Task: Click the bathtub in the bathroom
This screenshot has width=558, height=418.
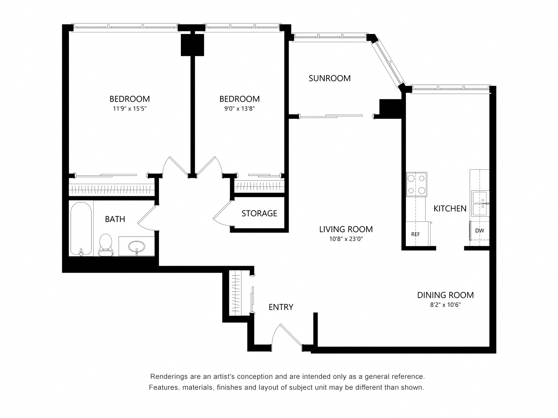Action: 81,229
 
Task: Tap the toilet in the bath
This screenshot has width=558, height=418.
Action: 105,245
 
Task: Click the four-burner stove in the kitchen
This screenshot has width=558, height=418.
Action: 416,184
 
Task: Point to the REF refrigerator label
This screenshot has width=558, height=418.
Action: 415,234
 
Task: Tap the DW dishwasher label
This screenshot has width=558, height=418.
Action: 480,231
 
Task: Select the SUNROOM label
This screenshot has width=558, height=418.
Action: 330,78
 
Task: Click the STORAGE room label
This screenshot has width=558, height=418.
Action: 259,213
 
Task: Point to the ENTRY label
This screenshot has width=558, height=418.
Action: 281,307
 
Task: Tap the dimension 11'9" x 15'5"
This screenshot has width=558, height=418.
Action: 129,109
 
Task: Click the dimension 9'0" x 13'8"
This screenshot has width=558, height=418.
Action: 239,109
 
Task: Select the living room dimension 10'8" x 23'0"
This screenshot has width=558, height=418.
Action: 346,239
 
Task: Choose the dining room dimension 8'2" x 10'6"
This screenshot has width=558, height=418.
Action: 445,305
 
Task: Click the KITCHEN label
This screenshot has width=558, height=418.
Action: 450,209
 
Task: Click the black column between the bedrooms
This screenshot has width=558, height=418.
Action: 192,44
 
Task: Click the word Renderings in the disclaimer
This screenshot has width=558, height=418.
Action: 169,377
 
